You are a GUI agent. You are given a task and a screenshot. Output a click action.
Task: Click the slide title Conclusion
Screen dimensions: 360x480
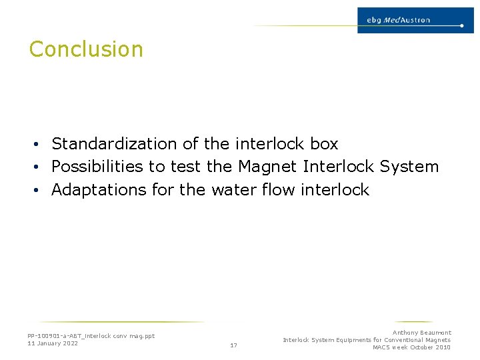86,49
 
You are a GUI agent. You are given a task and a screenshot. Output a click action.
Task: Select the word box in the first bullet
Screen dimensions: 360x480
324,144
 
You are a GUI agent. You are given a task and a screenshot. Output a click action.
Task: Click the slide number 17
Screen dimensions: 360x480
233,345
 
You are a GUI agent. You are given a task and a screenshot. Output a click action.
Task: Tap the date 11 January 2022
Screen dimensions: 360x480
53,343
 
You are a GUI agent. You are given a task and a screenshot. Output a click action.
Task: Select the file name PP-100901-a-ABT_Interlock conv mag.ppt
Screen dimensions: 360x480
91,336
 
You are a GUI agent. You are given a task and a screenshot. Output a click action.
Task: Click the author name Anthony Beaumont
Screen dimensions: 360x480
421,333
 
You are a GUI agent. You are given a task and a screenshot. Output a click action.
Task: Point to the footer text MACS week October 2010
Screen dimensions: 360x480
411,347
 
